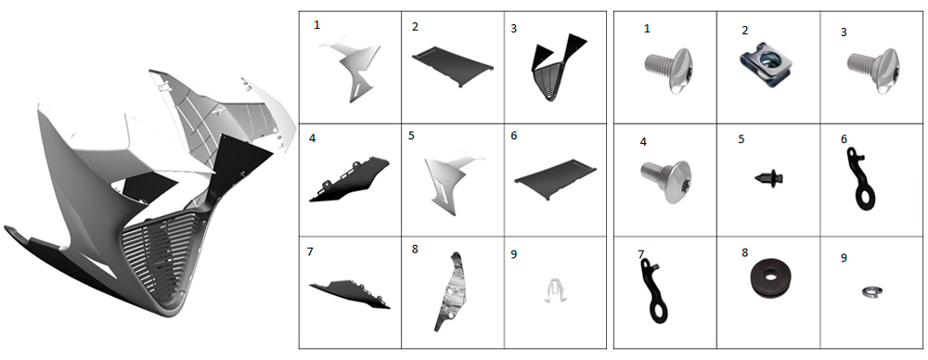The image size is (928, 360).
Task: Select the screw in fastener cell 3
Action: [x=873, y=70]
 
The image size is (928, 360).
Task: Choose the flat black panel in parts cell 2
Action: [x=454, y=66]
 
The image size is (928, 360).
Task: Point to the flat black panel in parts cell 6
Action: [x=555, y=179]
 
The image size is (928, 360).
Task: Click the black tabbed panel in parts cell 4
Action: [x=349, y=180]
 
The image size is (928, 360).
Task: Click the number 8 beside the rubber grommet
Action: [x=744, y=252]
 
